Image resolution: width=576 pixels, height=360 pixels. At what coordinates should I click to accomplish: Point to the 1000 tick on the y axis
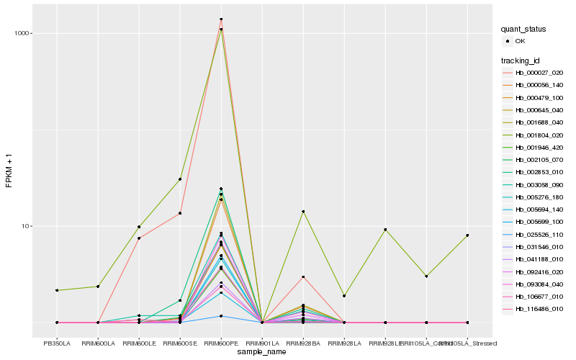coord(21,34)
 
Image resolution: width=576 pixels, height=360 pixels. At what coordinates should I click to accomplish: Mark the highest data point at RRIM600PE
coord(221,19)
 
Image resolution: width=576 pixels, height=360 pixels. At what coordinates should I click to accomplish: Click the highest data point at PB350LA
coord(57,290)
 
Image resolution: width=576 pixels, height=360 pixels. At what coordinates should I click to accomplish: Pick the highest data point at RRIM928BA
coord(303,212)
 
